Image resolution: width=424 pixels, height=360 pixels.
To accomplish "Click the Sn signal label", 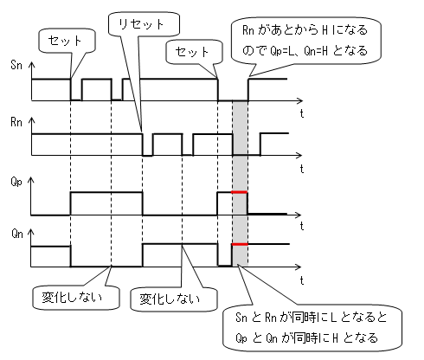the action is [16, 65].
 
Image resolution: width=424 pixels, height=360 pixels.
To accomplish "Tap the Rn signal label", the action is [16, 122].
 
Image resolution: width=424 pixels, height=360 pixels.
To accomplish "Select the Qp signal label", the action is [16, 182].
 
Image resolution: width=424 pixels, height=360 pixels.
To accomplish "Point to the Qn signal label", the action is [17, 234].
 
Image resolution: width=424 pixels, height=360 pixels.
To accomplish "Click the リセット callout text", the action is [141, 24].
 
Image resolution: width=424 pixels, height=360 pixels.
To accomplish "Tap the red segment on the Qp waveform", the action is [239, 192].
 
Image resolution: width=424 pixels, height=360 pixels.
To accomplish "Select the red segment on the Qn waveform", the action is [240, 244].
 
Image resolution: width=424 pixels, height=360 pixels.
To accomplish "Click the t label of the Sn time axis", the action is [302, 113].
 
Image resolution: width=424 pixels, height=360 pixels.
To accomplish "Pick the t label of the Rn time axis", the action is [302, 169].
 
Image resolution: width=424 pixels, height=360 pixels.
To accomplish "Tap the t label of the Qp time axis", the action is [302, 226].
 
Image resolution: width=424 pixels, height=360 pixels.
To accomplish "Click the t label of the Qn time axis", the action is [302, 280].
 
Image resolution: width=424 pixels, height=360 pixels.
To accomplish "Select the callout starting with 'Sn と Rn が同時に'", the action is [312, 328].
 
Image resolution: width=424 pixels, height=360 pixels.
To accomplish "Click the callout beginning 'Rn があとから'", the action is [306, 41].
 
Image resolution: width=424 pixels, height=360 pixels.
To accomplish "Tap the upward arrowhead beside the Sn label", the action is [32, 65].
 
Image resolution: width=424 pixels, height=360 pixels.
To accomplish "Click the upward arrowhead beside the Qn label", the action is [30, 232].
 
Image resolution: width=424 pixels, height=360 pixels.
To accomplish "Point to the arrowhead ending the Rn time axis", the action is [299, 156].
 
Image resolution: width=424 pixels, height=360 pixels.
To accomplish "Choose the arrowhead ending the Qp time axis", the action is [298, 215].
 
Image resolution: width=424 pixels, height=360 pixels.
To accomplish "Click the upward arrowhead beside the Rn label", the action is [32, 121].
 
